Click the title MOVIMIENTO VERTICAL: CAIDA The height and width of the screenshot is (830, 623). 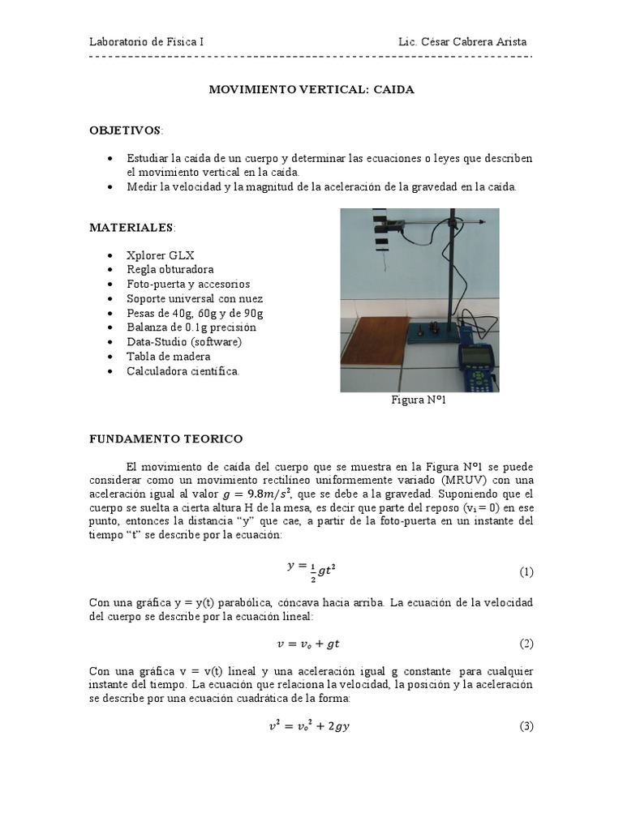click(312, 90)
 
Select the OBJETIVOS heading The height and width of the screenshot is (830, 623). click(125, 130)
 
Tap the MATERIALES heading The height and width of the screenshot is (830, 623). click(131, 228)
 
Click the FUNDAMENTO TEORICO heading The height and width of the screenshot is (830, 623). click(165, 439)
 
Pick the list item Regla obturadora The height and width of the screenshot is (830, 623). click(170, 269)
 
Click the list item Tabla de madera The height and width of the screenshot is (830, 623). click(168, 357)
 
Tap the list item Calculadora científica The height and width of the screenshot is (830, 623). click(183, 371)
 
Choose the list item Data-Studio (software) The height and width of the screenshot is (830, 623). click(184, 342)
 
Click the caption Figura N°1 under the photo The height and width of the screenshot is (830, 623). click(419, 400)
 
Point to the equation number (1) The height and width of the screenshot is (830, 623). click(526, 571)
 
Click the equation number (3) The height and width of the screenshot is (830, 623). click(526, 726)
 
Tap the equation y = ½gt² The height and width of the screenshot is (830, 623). click(311, 570)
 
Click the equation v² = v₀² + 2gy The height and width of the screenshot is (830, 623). click(310, 726)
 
